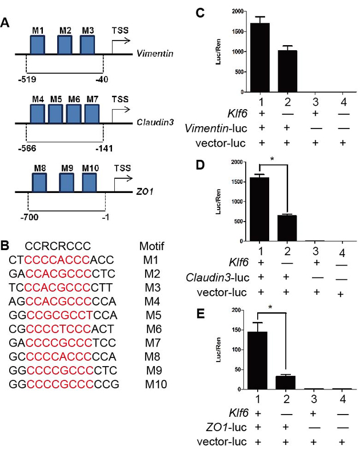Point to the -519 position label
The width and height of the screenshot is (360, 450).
pyautogui.click(x=26, y=79)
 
